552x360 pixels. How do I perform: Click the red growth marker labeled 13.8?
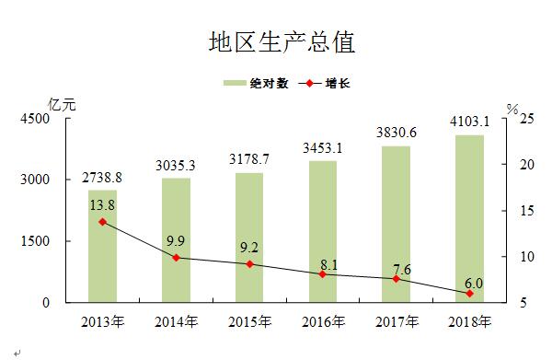click(102, 222)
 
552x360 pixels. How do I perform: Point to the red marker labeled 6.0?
click(469, 294)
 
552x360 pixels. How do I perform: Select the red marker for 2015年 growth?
click(249, 264)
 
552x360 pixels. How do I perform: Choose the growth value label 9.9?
click(177, 240)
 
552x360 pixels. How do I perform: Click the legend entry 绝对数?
click(257, 83)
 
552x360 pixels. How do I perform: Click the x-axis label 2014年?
click(176, 322)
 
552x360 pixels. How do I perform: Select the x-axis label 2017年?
click(396, 322)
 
